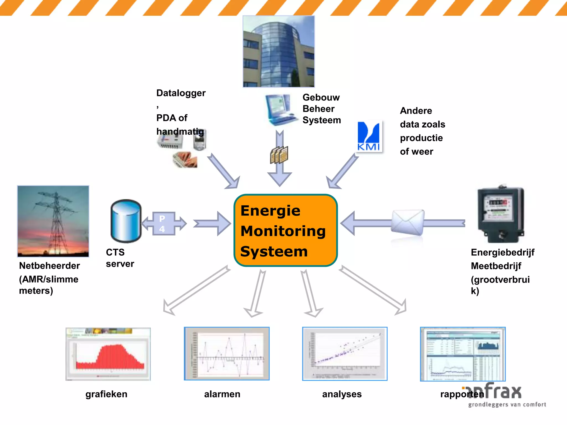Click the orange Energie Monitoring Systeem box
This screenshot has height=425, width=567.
coord(285,230)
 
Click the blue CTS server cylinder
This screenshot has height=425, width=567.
coord(126,221)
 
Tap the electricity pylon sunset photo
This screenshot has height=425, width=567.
coord(53,221)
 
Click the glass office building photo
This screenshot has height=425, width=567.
coord(279,51)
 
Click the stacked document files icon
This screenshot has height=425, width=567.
coord(279,155)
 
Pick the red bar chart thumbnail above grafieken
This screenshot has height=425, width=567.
coord(108,354)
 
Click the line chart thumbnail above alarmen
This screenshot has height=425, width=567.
coord(227,354)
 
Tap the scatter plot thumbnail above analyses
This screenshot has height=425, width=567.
coord(345,354)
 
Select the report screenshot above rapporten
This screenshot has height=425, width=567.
coord(463,354)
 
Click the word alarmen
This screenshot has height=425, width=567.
coord(222,394)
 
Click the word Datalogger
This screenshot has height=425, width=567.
coord(181,93)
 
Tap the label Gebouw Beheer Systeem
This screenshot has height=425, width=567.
coord(321,109)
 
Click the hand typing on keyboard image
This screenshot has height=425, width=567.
coord(185,160)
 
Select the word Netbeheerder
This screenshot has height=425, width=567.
coord(50,266)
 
